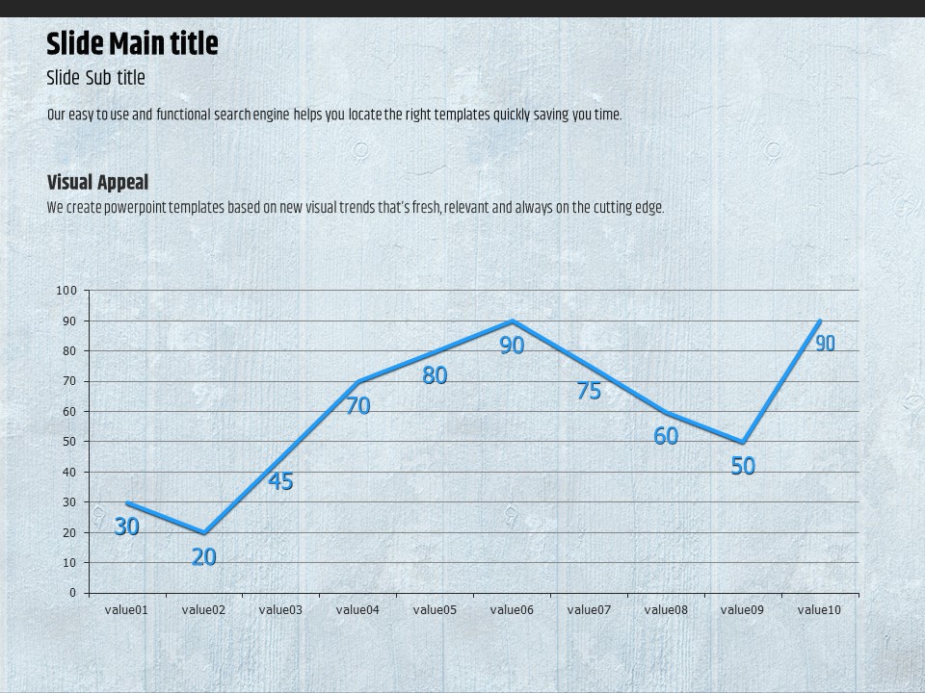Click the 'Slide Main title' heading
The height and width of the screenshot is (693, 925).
132,44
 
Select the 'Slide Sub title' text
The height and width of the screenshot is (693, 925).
95,78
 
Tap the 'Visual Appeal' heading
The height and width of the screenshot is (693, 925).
97,182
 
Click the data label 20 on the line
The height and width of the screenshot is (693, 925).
203,556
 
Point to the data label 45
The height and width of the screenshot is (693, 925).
280,481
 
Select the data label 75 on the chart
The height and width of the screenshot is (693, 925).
589,391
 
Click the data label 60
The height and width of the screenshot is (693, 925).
666,436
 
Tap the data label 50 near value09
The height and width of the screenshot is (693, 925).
743,467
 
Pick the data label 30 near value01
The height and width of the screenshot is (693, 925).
126,526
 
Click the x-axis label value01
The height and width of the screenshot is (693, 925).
126,609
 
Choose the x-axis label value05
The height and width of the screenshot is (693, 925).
435,609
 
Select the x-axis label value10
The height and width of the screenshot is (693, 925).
820,609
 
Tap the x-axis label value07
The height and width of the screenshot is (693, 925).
589,609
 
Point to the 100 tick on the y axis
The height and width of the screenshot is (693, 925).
66,291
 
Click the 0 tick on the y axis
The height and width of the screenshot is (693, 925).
72,593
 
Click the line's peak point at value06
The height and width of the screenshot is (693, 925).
512,321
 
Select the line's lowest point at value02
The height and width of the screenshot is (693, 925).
203,532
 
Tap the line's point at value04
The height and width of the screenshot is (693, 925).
357,382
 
